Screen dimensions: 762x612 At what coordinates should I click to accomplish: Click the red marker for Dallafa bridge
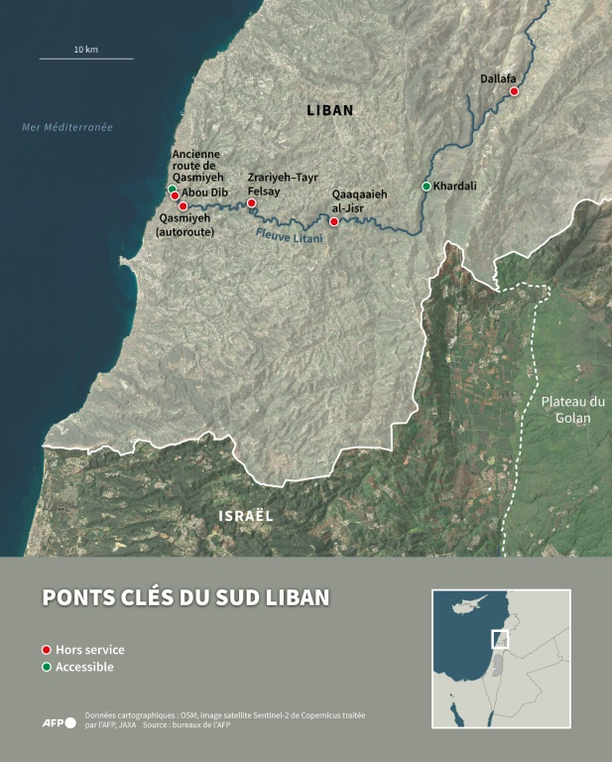coord(514,91)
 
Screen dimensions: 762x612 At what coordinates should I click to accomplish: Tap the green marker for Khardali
coord(427,187)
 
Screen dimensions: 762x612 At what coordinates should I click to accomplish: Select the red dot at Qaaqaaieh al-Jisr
coord(334,221)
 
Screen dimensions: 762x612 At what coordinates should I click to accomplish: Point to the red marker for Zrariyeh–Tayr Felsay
coord(252,202)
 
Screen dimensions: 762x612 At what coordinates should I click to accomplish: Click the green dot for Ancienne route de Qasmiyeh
coord(173,189)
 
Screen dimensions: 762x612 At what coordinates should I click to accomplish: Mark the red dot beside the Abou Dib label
coord(175,196)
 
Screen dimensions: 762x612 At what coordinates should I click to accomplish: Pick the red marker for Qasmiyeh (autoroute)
coord(183,206)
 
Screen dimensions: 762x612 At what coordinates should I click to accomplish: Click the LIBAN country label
coord(328,111)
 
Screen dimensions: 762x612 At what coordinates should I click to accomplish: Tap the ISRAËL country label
coord(245,516)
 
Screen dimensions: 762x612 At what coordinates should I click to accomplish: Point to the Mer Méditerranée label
coord(67,127)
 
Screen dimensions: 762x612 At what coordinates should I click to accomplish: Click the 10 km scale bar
coord(86,59)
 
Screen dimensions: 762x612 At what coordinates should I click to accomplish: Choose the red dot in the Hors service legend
coord(46,649)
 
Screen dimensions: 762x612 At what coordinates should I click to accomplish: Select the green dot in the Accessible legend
coord(46,667)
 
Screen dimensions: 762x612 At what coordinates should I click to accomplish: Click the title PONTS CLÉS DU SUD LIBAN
coord(185,597)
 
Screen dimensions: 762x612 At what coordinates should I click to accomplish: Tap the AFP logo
coord(59,722)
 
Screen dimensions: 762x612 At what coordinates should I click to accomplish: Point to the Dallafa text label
coord(499,77)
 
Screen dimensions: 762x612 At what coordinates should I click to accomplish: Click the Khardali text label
coord(455,187)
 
